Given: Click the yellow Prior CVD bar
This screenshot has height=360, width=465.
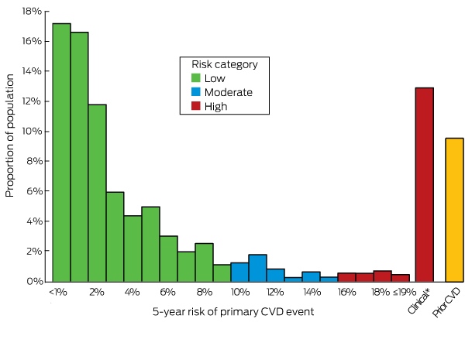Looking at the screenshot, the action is [454, 210].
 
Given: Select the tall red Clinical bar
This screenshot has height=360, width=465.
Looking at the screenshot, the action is [425, 184].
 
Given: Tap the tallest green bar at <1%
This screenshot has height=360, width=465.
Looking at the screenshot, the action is [62, 153].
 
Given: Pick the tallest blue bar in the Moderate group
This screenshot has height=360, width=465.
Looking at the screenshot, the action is [258, 268].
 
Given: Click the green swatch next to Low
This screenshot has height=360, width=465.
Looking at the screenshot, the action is [196, 78].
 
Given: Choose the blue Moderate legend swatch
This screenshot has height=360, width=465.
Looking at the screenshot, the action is [196, 92].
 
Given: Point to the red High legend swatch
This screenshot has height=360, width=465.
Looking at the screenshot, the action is [196, 106].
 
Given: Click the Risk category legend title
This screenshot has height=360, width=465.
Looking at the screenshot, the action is [225, 64].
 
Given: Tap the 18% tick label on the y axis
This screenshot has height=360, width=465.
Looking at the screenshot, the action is [32, 12].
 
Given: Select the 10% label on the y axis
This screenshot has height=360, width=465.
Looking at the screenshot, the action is [32, 131].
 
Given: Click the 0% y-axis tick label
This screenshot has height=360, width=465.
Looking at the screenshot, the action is [34, 281].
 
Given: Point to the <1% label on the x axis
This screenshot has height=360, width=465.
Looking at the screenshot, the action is [58, 293].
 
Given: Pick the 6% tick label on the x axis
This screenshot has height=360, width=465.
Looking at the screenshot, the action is [167, 293].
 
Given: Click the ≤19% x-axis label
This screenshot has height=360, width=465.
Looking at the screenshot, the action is [405, 293].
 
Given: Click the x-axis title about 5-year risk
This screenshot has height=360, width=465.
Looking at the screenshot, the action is [233, 312].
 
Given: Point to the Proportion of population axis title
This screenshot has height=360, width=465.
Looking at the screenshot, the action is [9, 135].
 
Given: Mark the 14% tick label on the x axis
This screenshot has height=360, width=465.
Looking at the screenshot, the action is [312, 293].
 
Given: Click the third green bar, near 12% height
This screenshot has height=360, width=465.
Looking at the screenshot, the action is [98, 194].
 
